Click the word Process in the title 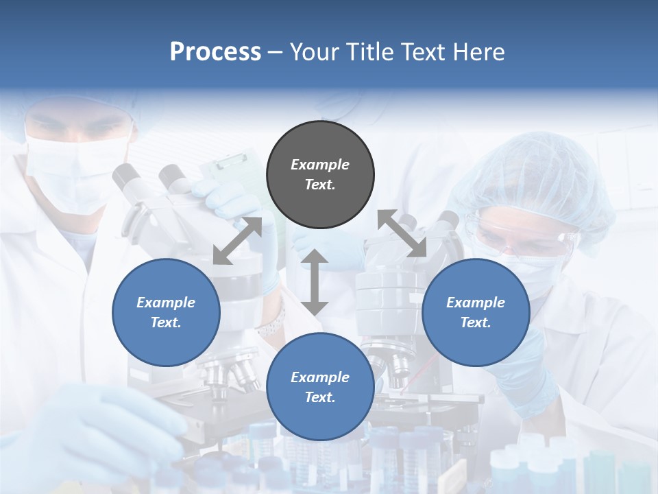point(215,52)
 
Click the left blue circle point(166,312)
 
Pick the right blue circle point(476,312)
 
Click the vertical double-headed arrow point(315,282)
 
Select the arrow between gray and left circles point(237,240)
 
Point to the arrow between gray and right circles point(402,234)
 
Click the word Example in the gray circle point(320,165)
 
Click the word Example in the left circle point(166,303)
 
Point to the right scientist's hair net point(535,172)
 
